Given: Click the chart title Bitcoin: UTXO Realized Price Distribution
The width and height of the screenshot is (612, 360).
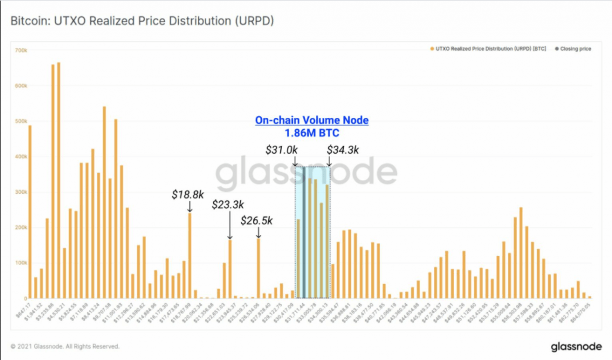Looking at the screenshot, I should pos(142,21).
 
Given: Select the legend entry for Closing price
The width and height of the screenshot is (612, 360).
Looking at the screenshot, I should pos(575,48).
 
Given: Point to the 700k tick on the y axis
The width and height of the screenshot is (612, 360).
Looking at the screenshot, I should pos(21,50).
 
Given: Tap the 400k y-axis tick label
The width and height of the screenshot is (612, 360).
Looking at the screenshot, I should pos(21,157).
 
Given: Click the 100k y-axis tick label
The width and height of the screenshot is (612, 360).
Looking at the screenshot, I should pos(21,263).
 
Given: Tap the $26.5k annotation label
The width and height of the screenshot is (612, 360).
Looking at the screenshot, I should pos(257,221).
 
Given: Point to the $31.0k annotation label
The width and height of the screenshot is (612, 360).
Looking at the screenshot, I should pos(282,150).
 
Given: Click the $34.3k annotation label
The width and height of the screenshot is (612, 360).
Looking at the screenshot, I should pos(343,150).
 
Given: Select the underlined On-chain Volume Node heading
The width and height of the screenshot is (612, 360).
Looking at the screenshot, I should pos(312,120).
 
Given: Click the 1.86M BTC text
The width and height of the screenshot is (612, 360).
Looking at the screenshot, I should pos(312,133).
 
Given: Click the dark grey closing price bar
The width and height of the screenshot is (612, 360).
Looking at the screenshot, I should pos(304,233).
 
